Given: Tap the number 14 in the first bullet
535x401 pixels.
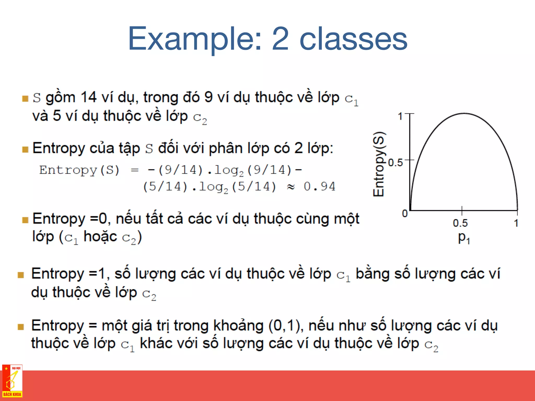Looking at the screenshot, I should pos(89,97).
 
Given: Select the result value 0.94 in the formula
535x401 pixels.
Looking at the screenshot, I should pos(319,187).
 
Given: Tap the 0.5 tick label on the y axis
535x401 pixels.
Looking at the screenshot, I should pos(395,163).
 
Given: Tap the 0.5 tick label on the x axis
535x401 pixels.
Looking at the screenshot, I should pos(460,223).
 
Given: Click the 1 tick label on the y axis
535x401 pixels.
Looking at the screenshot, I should pos(400,116).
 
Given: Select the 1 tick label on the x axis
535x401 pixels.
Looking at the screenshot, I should pos(516,223).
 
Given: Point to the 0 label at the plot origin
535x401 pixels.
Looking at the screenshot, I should pos(405,214).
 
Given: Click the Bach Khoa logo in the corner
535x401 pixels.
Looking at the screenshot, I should pos(12,381).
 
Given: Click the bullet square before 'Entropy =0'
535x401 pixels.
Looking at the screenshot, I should pos(25,220).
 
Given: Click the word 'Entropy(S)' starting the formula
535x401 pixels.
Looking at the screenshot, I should pos(79,170).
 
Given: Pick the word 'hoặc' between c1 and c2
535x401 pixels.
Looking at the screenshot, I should pos(100,237).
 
